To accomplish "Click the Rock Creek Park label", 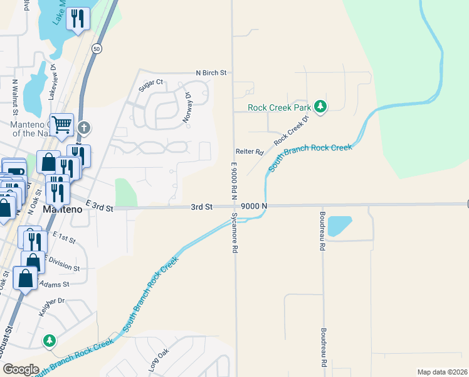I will pyautogui.click(x=279, y=107).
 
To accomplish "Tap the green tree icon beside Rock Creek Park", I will pyautogui.click(x=320, y=106).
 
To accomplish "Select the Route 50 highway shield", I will pyautogui.click(x=96, y=48).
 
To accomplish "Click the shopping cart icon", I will pyautogui.click(x=61, y=124).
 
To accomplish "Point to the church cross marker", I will pyautogui.click(x=85, y=128).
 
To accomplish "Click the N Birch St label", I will pyautogui.click(x=211, y=73).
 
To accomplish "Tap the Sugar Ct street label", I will pyautogui.click(x=150, y=82).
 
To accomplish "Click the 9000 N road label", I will pyautogui.click(x=254, y=206).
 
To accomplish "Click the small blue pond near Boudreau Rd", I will pyautogui.click(x=339, y=226).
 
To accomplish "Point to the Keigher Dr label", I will pyautogui.click(x=53, y=301).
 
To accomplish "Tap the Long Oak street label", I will pyautogui.click(x=159, y=362).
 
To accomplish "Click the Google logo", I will pyautogui.click(x=21, y=369).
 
